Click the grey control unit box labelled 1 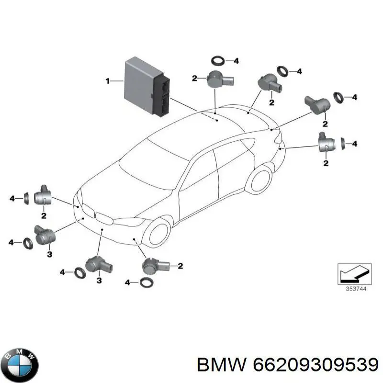point(147,86)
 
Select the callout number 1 point(108,81)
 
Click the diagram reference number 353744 point(356,289)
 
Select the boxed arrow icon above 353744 point(354,274)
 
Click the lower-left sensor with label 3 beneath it point(45,235)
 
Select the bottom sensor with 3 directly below point(99,266)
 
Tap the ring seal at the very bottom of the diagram point(147,282)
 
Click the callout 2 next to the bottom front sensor point(180,266)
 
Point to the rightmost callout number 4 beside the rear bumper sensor point(354,144)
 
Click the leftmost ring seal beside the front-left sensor point(26,198)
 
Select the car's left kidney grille point(89,210)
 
